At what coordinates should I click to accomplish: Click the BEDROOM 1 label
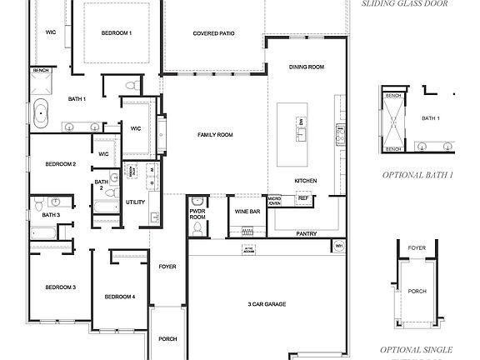116,32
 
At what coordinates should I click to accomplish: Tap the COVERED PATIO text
213,34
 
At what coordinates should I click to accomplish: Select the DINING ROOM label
306,67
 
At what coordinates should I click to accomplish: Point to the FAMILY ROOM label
214,134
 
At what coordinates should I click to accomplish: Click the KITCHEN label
306,181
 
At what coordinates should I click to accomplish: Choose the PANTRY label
306,234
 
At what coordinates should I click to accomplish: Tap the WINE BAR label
247,212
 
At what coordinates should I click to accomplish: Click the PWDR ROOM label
197,216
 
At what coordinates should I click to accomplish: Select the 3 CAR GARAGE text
267,304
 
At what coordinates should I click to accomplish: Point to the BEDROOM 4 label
119,297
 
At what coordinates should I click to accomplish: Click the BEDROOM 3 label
60,287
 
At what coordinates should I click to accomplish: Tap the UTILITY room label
136,202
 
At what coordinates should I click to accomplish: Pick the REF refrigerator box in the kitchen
303,198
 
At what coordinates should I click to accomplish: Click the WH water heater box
339,246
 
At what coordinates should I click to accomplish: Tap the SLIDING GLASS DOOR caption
406,3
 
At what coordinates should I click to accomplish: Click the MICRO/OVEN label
274,201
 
